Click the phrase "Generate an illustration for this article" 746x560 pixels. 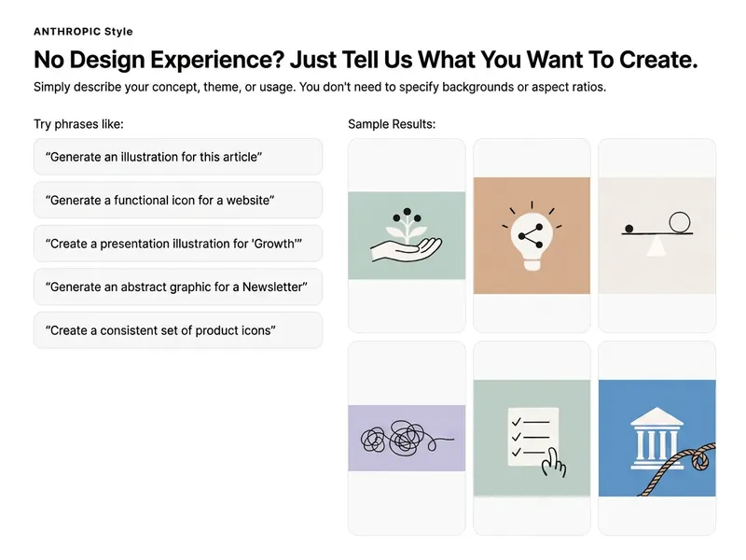click(154, 157)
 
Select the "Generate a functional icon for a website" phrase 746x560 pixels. click(159, 201)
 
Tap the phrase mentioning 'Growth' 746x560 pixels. click(173, 244)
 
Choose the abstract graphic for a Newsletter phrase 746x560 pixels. click(176, 287)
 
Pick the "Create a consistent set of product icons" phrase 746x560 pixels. click(160, 330)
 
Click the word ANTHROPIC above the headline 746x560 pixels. click(67, 32)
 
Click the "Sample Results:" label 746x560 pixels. click(392, 124)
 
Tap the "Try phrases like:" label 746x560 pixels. click(78, 124)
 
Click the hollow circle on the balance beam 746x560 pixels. click(680, 222)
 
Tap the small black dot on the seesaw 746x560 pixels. click(629, 229)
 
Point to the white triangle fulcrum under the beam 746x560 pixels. click(656, 245)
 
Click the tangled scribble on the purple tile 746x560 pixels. click(406, 438)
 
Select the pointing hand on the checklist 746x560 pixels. click(554, 463)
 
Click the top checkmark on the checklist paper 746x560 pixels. click(517, 422)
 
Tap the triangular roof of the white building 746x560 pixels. click(657, 416)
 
